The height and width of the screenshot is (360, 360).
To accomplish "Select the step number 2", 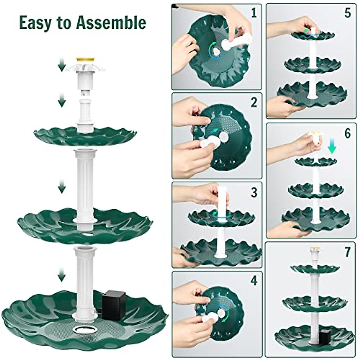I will (x=254, y=102).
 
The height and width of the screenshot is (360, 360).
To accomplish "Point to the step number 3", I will (x=254, y=192).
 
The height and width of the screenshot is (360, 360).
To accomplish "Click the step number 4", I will (x=254, y=281).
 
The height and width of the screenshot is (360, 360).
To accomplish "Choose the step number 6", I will (x=347, y=133).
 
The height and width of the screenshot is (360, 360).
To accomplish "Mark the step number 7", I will (x=347, y=253).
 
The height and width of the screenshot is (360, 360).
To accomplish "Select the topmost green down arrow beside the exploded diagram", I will (x=62, y=65).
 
